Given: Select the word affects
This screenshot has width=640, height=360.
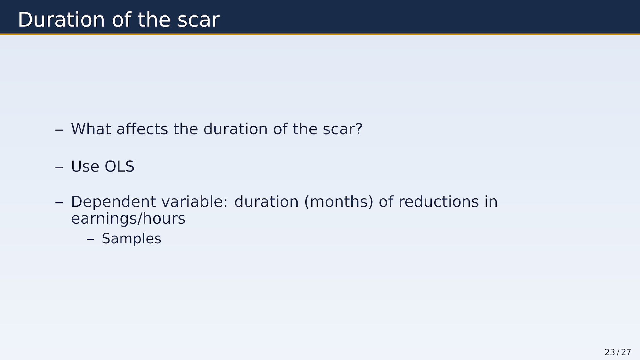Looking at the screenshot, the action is pyautogui.click(x=142, y=129).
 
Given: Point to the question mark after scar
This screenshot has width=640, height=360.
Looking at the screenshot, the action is pyautogui.click(x=359, y=129).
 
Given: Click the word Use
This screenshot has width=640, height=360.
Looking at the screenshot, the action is pyautogui.click(x=85, y=166).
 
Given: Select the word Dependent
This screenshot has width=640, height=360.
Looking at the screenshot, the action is pyautogui.click(x=114, y=202).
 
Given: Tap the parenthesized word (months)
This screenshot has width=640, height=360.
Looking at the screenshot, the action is pyautogui.click(x=339, y=202).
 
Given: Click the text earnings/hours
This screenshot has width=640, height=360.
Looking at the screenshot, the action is pyautogui.click(x=128, y=219).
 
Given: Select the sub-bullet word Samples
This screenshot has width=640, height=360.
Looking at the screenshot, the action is pyautogui.click(x=132, y=239).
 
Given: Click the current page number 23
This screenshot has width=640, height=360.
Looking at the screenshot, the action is pyautogui.click(x=610, y=352).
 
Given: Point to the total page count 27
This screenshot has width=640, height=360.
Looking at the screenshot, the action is pyautogui.click(x=626, y=352).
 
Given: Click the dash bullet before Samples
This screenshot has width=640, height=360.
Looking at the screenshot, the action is pyautogui.click(x=91, y=239).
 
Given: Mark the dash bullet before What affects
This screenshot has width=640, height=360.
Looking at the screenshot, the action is pyautogui.click(x=59, y=130).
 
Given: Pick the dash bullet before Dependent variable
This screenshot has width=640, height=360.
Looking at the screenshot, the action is pyautogui.click(x=59, y=203).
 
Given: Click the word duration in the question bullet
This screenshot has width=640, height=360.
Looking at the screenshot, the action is pyautogui.click(x=236, y=129).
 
